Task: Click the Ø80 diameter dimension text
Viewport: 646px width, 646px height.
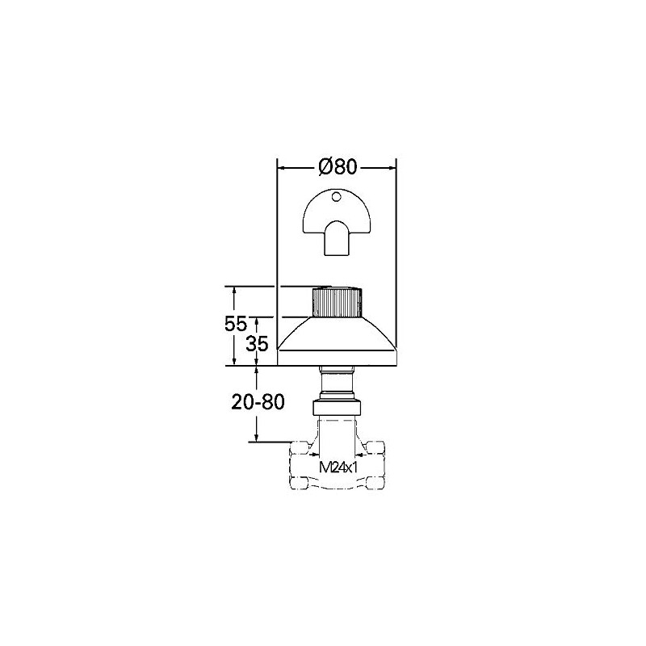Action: (x=338, y=167)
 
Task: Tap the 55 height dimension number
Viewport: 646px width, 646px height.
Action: (x=235, y=325)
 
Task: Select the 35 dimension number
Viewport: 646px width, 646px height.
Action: (x=257, y=343)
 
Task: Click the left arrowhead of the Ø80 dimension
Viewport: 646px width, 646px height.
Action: (x=282, y=168)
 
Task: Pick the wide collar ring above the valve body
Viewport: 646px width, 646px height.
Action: (x=338, y=407)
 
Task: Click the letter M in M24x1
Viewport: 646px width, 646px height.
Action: (x=325, y=468)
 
